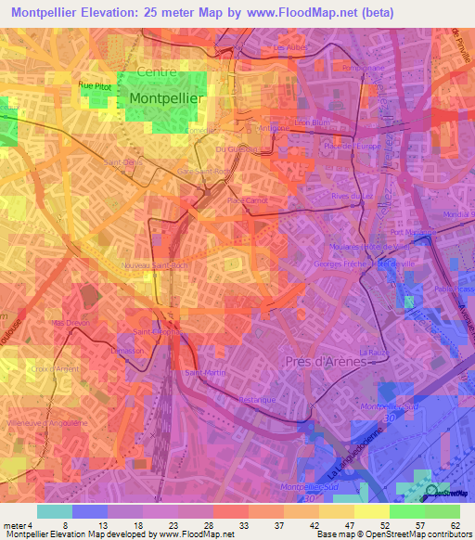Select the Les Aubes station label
(290, 46)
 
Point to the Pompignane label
(362, 68)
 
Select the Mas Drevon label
(71, 323)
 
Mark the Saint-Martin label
(204, 373)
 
